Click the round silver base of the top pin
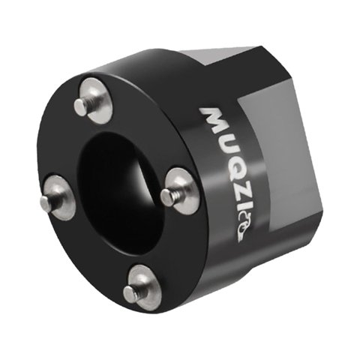click(97, 100)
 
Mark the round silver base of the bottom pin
click(143, 287)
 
